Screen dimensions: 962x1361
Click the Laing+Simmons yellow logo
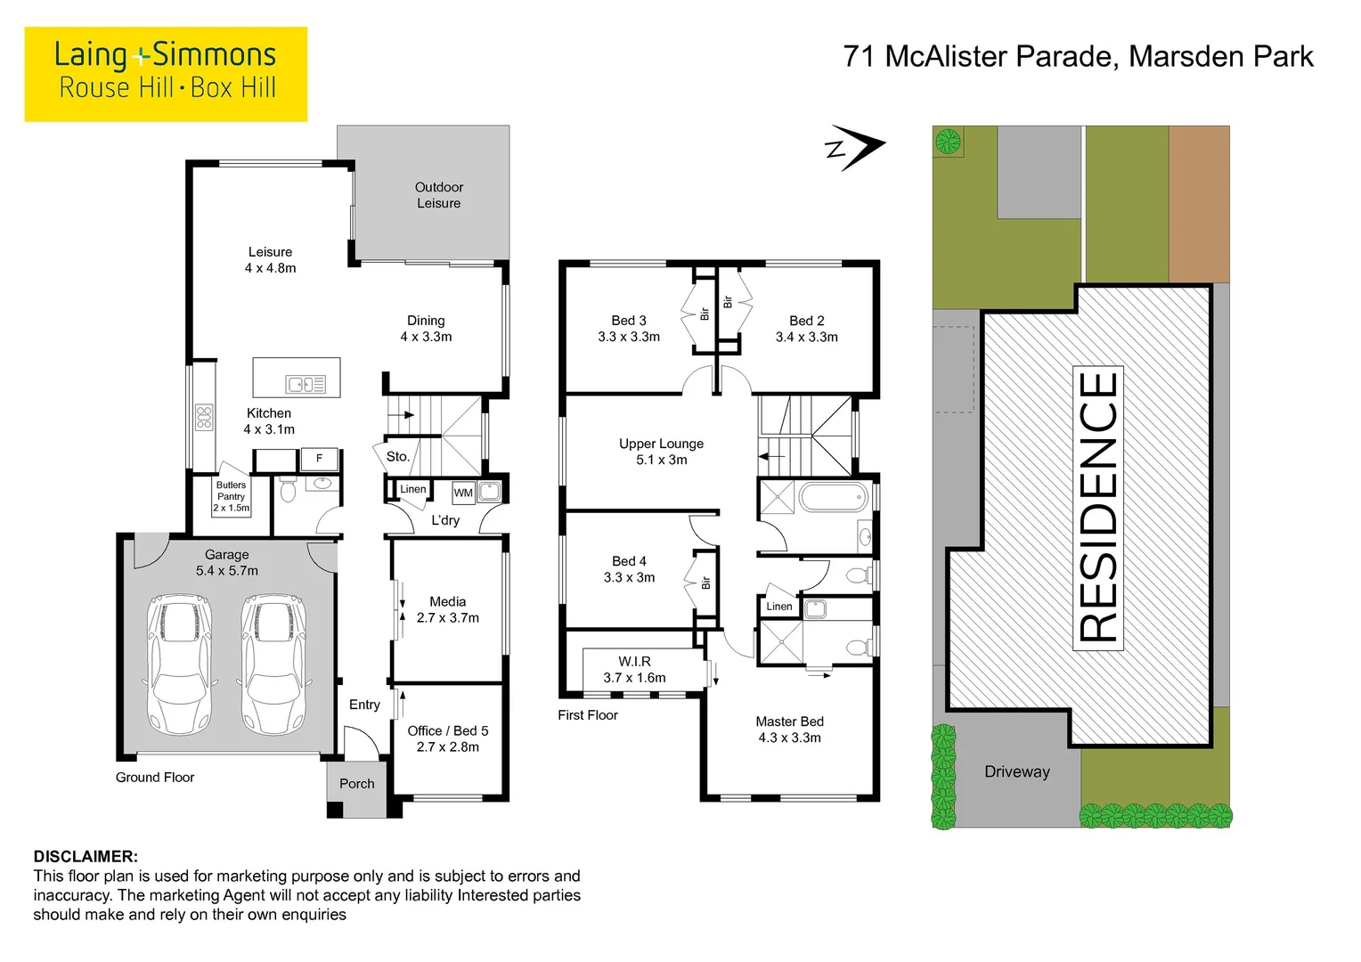point(166,74)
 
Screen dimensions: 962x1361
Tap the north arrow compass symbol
point(856,147)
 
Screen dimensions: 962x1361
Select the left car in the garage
point(181,663)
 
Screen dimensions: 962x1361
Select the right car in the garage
point(273,663)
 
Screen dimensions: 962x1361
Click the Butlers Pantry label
point(232,496)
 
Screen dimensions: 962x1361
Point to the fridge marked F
point(319,459)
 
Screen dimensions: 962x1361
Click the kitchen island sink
point(306,385)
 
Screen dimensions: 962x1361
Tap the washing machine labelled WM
point(463,493)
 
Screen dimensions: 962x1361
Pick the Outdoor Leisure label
point(438,195)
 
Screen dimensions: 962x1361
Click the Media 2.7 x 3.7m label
point(447,609)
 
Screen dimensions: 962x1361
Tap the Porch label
point(356,784)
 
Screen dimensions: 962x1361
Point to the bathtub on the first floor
point(833,497)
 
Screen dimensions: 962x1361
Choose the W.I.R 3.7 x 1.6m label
point(634,670)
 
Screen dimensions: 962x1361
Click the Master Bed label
point(789,730)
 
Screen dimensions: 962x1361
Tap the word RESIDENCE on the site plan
point(1098,508)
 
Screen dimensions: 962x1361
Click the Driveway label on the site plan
point(1016,772)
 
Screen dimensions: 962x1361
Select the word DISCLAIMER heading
point(86,857)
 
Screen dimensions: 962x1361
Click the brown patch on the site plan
point(1198,204)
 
